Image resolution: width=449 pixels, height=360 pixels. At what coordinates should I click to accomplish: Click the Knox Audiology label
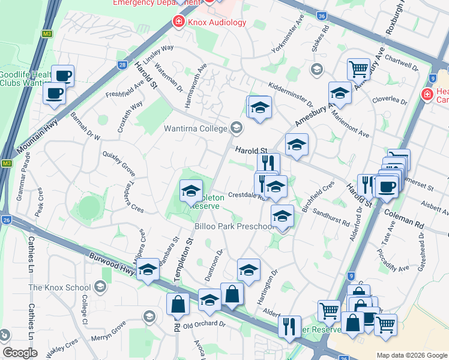point(217,22)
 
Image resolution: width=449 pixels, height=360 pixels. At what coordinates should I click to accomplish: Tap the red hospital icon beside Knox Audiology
point(178,22)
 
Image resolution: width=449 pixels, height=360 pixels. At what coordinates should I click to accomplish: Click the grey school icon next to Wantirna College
point(237,127)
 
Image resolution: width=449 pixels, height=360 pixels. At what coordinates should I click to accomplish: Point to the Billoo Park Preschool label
point(235,226)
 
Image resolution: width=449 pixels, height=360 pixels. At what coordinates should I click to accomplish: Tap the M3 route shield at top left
point(47,34)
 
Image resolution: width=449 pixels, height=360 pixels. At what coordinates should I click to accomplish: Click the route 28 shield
point(122,65)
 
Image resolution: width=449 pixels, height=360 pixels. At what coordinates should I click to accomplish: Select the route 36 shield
point(322,16)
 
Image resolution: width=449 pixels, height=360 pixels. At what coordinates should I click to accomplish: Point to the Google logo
point(20,353)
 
